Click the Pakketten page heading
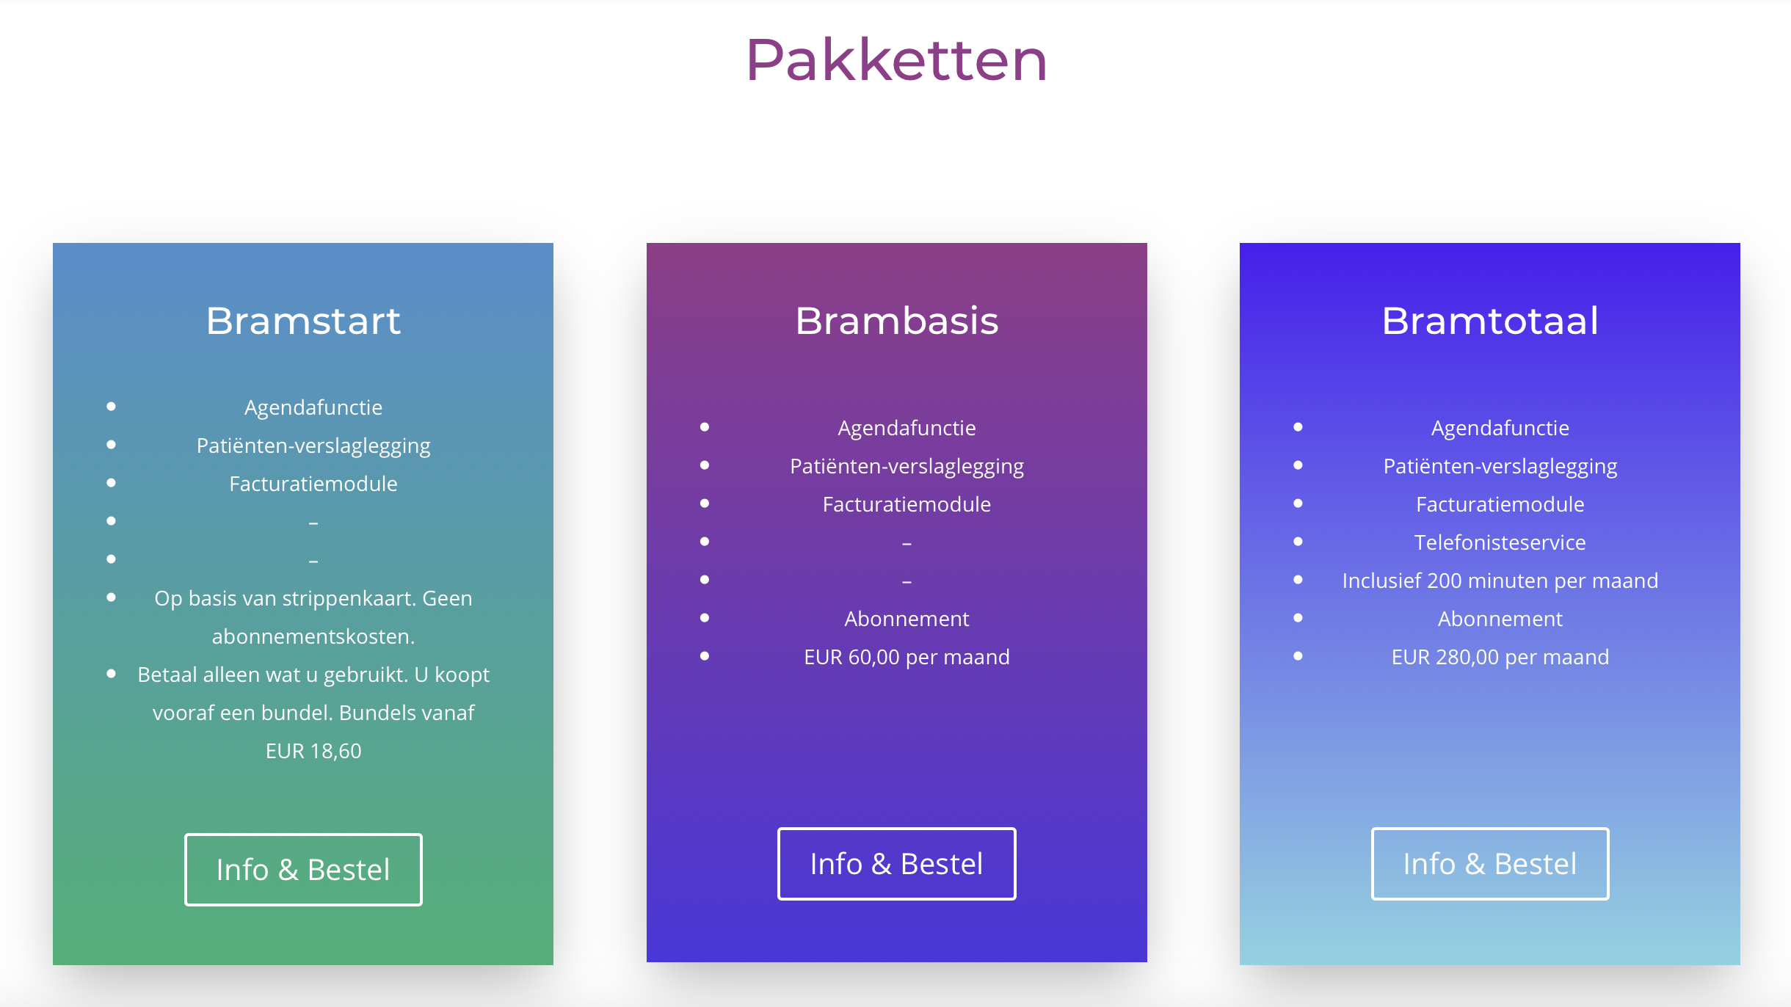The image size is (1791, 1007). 896,60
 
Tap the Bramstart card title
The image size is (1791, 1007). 303,321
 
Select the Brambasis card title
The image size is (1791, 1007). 897,321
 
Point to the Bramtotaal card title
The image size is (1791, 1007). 1490,321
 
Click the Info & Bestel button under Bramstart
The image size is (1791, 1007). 303,870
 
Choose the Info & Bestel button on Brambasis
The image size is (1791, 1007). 896,864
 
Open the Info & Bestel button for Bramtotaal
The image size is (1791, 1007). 1490,864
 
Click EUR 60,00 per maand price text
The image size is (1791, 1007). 907,657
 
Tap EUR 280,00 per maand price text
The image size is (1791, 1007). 1500,657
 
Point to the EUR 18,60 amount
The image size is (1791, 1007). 313,751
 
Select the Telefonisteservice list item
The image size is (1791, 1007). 1500,542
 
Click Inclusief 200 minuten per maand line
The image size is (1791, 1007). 1500,581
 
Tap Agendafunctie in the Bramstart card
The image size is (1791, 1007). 313,408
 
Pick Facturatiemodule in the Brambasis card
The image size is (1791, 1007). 907,504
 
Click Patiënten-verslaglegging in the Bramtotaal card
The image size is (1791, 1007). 1500,467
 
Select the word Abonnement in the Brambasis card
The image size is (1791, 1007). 907,619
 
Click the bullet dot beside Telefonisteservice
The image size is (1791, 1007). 1298,542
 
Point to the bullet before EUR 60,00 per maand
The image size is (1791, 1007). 705,656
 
